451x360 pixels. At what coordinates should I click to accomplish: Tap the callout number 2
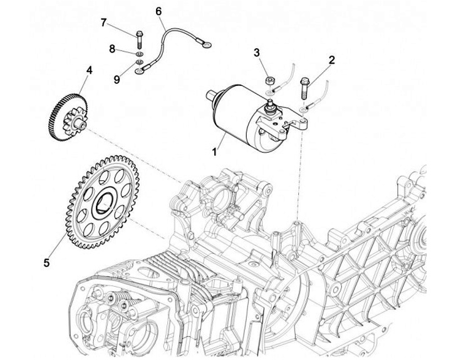[331, 61]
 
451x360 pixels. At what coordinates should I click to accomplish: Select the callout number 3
[256, 52]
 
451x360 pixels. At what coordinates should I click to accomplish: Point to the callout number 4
[89, 70]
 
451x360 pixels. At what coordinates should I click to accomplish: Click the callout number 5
[46, 262]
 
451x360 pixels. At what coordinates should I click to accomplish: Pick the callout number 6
[158, 11]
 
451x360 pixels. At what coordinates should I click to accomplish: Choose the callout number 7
[103, 23]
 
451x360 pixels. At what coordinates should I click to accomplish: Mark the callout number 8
[112, 48]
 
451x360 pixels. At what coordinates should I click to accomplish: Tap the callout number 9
[116, 79]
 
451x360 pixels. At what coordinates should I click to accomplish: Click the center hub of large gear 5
[102, 203]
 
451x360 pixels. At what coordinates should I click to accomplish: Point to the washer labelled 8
[138, 55]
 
